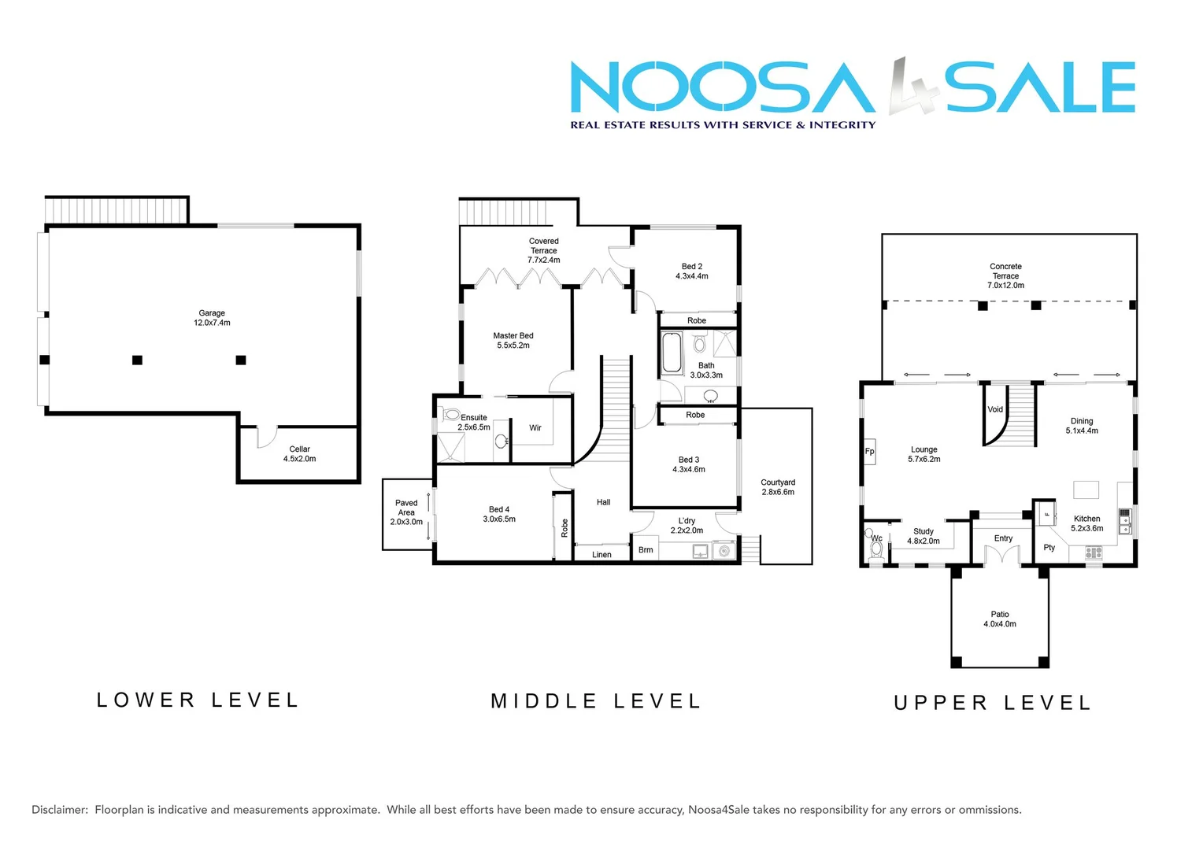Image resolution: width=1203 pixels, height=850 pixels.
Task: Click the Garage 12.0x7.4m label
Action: pos(212,318)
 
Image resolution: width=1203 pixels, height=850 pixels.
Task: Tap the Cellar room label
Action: pos(299,454)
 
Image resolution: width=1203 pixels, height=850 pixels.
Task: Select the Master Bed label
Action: pos(513,341)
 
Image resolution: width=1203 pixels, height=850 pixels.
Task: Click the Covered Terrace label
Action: pos(544,250)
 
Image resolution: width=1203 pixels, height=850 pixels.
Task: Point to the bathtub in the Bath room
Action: pos(672,353)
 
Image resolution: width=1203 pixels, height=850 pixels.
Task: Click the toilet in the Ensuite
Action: pos(451,415)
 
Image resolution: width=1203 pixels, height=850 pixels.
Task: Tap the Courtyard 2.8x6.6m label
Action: pos(778,487)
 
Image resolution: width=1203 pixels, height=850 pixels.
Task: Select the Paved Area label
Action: pos(406,512)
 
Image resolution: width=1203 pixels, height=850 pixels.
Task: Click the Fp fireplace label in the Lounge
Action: pos(870,452)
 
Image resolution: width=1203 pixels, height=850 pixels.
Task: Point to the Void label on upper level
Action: pos(995,409)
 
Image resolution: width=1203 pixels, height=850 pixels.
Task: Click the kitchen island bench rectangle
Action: pos(1086,490)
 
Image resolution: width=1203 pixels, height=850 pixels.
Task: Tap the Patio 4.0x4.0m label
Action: pos(1000,619)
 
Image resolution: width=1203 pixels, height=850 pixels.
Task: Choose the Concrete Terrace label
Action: pos(1006,276)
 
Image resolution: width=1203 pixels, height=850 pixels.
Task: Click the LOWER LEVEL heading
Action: pos(198,700)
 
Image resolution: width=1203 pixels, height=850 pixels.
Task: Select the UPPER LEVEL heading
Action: pos(993,703)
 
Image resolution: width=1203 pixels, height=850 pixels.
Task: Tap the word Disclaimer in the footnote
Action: pos(60,810)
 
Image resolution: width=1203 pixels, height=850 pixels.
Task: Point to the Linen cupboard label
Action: pos(601,555)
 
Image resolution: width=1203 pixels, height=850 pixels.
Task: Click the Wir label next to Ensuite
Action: pos(535,428)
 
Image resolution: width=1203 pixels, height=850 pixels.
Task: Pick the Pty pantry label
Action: pos(1049,548)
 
